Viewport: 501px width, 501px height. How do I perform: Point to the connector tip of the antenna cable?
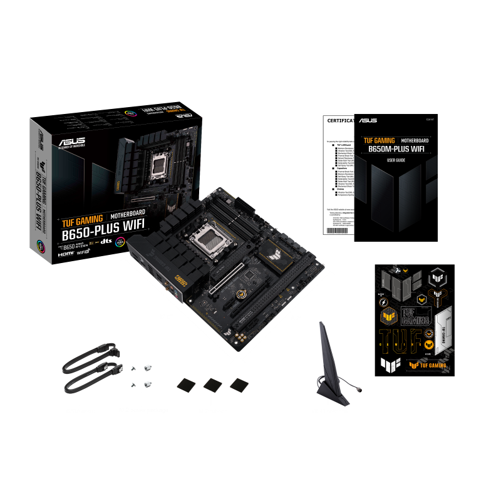pos(359,388)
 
